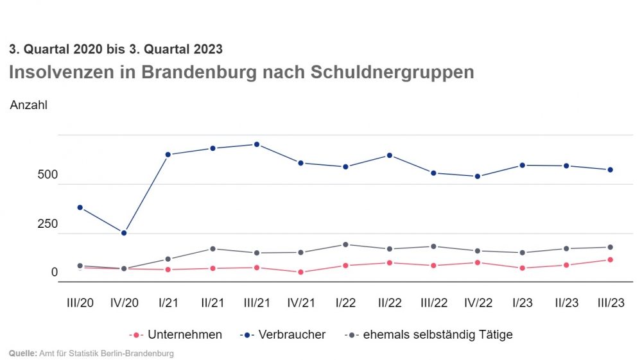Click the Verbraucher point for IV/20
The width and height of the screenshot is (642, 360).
[x=124, y=233]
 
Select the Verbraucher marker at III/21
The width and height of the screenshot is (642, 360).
[x=257, y=144]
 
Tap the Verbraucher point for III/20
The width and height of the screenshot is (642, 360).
[x=80, y=207]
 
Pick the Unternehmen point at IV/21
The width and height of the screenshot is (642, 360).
[x=301, y=272]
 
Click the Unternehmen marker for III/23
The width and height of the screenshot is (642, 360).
[x=611, y=260]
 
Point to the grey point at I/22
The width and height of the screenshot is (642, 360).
[x=345, y=244]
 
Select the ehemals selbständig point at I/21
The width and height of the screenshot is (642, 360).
[x=168, y=259]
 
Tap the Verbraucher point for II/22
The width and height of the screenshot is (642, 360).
[x=390, y=155]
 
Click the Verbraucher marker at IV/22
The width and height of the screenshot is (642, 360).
[x=478, y=176]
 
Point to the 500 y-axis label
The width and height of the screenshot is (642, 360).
[x=48, y=175]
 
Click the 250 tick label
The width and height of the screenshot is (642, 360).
[x=48, y=224]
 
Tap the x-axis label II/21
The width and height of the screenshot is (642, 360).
[x=213, y=303]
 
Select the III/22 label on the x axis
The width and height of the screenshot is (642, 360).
[x=433, y=303]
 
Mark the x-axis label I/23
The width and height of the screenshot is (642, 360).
[x=522, y=303]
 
